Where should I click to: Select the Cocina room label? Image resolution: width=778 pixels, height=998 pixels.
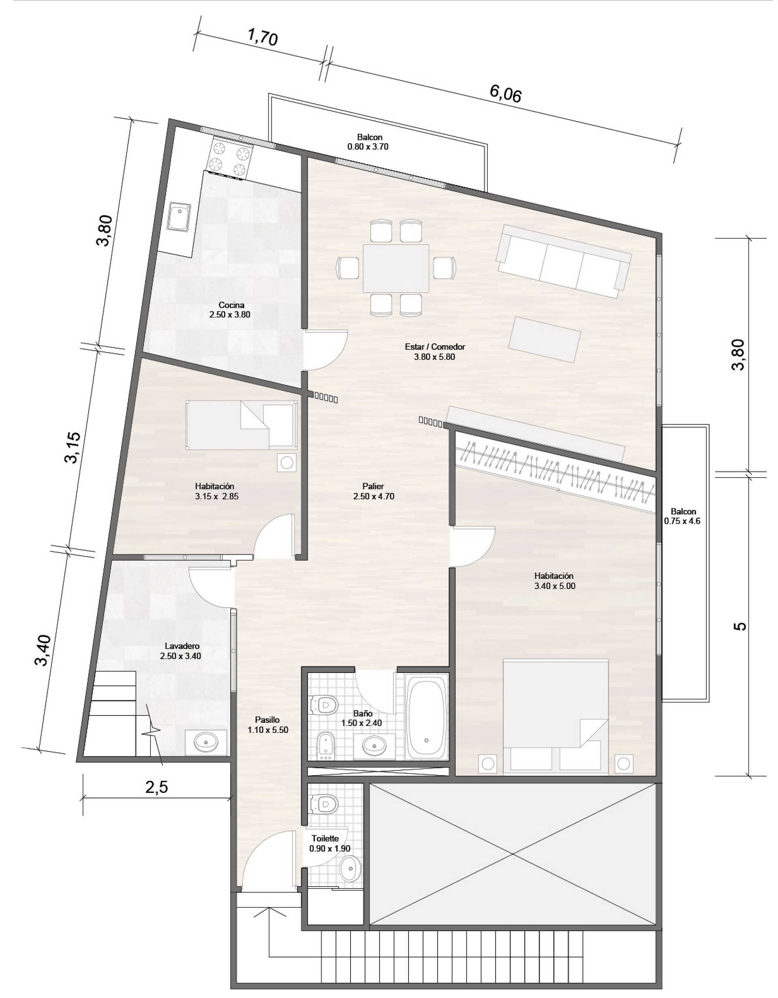coord(231,305)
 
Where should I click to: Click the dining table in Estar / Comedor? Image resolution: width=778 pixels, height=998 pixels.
coord(396,268)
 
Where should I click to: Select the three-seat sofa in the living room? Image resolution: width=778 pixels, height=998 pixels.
coord(564,261)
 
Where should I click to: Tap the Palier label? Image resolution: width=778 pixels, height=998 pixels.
coord(373,486)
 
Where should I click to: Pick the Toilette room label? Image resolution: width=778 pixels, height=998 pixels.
coord(325,839)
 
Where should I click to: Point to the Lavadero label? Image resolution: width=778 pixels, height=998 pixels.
coord(182,646)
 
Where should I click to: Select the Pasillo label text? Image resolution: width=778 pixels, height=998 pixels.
coord(267,720)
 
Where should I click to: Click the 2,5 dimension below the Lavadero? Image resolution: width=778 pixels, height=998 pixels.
coord(157,787)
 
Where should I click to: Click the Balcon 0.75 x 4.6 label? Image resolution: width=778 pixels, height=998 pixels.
coord(683,516)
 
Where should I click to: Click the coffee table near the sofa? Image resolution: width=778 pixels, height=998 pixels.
coord(545,340)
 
